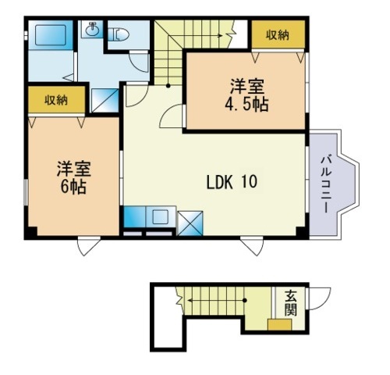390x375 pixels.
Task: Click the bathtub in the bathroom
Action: [x=48, y=36]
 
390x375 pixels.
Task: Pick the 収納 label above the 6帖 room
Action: [x=55, y=99]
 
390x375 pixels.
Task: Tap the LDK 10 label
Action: [x=232, y=183]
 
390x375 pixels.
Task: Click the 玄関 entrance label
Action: [x=289, y=304]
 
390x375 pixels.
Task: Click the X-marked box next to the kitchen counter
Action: [x=190, y=222]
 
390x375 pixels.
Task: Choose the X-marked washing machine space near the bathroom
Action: [x=103, y=100]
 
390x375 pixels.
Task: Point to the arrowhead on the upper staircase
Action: [x=230, y=34]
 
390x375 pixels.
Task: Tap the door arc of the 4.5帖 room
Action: [x=171, y=117]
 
